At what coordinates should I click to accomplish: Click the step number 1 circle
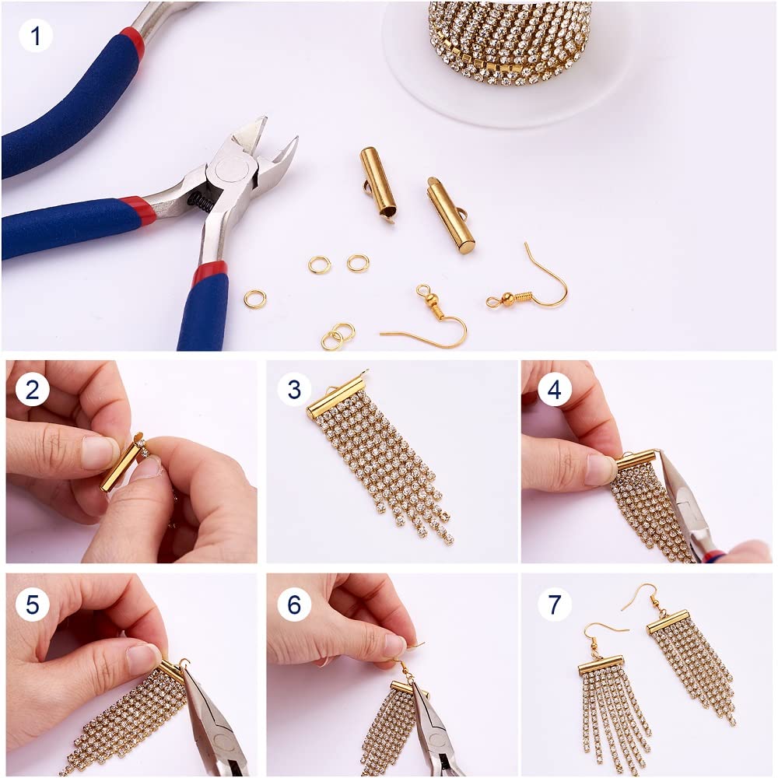(35, 35)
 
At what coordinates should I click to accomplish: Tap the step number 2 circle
(32, 389)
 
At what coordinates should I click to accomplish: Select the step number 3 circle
(294, 389)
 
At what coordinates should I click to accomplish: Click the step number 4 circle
(554, 389)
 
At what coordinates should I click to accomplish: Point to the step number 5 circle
(32, 604)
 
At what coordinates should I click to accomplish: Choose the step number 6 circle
(294, 604)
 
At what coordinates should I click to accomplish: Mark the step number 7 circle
(554, 604)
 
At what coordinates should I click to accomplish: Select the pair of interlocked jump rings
(338, 336)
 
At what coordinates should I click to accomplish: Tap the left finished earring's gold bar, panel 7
(601, 665)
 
